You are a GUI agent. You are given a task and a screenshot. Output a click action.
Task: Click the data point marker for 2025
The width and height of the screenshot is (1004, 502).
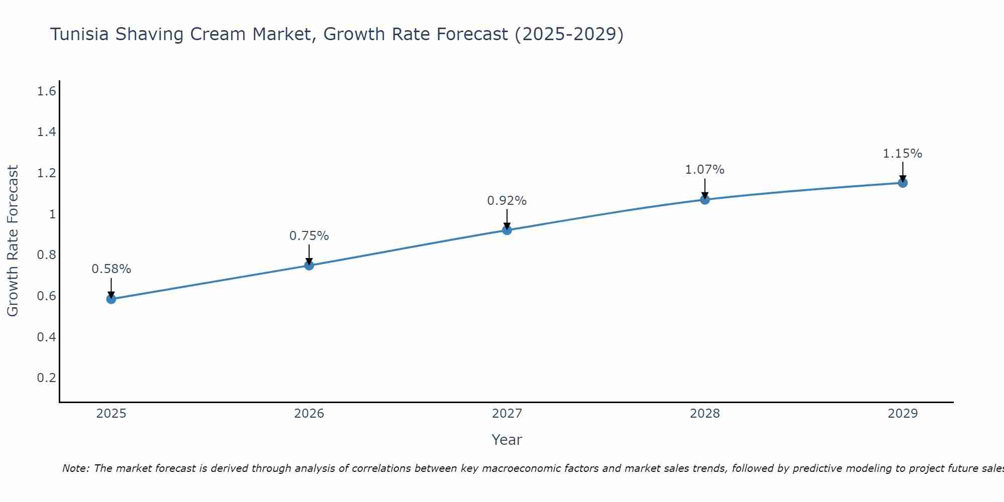[x=111, y=299]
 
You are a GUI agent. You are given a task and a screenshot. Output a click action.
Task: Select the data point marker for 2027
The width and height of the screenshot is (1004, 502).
[x=507, y=230]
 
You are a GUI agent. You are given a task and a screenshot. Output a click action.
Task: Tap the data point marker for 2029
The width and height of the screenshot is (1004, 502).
[x=903, y=183]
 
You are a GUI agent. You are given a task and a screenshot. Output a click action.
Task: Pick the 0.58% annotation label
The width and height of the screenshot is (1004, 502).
[x=111, y=269]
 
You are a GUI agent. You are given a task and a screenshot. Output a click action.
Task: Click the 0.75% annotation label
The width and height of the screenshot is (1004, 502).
[x=309, y=236]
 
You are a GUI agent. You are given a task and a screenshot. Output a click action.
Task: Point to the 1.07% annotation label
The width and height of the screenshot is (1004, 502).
[x=705, y=170]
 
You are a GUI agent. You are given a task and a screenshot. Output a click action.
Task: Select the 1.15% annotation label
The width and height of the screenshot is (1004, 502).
[x=903, y=154]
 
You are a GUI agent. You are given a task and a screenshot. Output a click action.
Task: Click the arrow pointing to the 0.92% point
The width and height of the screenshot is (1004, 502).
[x=507, y=219]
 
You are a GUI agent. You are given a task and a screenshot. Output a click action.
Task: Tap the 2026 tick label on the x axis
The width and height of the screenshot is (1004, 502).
[x=309, y=414]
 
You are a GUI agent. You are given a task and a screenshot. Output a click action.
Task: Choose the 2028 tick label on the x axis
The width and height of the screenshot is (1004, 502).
[x=705, y=414]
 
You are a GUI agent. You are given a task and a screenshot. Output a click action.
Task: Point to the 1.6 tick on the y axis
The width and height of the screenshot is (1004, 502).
[x=46, y=91]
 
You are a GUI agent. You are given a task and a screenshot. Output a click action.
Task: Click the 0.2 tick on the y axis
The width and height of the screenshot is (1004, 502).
[x=46, y=378]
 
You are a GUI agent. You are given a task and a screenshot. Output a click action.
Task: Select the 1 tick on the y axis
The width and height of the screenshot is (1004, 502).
[x=52, y=214]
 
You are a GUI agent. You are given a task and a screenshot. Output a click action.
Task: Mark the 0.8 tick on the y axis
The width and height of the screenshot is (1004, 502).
[x=46, y=255]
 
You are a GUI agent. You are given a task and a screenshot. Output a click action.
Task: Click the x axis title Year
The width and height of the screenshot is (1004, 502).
[x=507, y=440]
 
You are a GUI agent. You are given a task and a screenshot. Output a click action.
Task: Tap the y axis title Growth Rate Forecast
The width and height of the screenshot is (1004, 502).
[x=13, y=241]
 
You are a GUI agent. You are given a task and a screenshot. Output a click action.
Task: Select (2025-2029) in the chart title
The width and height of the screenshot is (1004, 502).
[x=569, y=35]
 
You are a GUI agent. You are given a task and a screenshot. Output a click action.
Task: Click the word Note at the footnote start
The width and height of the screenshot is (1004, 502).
[x=75, y=468]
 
